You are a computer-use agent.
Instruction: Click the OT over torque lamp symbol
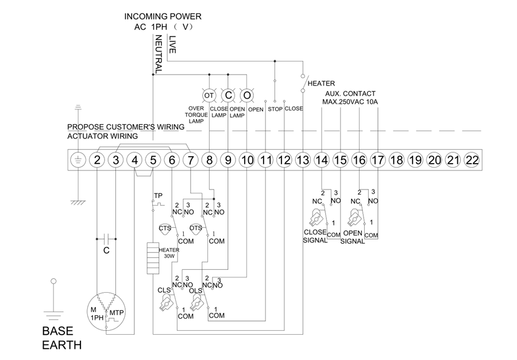(209, 94)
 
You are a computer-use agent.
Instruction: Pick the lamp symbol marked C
(228, 94)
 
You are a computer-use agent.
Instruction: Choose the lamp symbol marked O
(246, 94)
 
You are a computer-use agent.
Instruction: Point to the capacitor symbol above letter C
(106, 237)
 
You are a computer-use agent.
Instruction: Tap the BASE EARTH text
(61, 338)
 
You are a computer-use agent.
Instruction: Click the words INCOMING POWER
(163, 16)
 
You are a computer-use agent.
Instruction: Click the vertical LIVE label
(172, 45)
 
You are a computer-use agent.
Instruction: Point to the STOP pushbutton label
(275, 109)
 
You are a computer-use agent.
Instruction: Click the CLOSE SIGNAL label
(315, 237)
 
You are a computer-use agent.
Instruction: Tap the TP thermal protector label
(157, 196)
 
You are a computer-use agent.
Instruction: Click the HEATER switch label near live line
(321, 83)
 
